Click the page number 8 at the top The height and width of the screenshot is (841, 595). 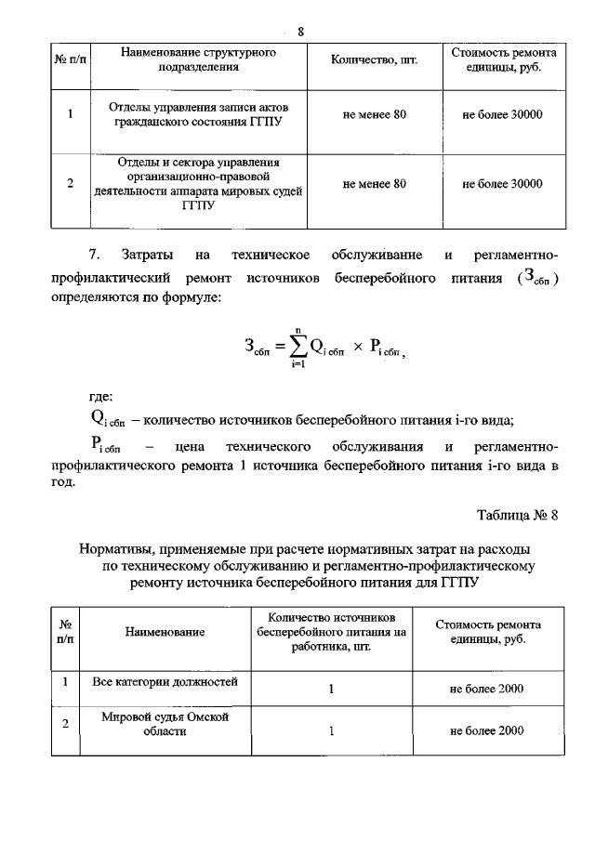pyautogui.click(x=300, y=33)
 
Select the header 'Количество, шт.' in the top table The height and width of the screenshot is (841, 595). pyautogui.click(x=375, y=61)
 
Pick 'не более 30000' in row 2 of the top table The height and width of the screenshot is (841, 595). pyautogui.click(x=502, y=184)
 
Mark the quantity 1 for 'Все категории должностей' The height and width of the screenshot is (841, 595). pyautogui.click(x=331, y=690)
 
